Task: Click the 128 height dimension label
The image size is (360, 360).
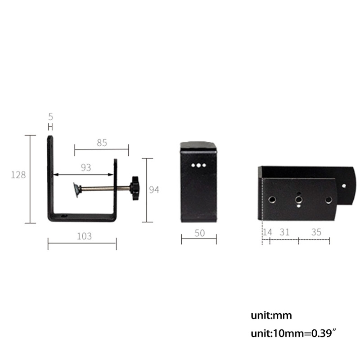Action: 18,175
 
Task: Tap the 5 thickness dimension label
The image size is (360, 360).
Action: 51,117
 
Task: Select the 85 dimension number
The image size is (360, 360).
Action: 102,143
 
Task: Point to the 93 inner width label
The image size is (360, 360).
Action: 86,167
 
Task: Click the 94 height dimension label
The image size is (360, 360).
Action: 154,190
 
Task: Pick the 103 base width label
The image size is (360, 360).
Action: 84,236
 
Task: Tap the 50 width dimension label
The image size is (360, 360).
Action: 199,233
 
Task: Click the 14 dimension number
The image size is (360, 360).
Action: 267,232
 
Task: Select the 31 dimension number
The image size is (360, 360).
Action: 284,232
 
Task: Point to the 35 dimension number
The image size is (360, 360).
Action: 316,232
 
